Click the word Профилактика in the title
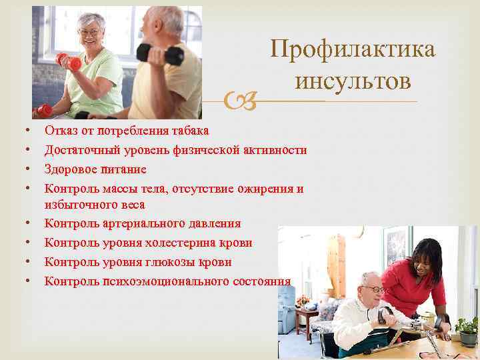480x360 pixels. [x=353, y=50]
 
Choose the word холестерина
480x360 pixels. [x=182, y=243]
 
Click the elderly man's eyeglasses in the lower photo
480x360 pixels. [x=376, y=289]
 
